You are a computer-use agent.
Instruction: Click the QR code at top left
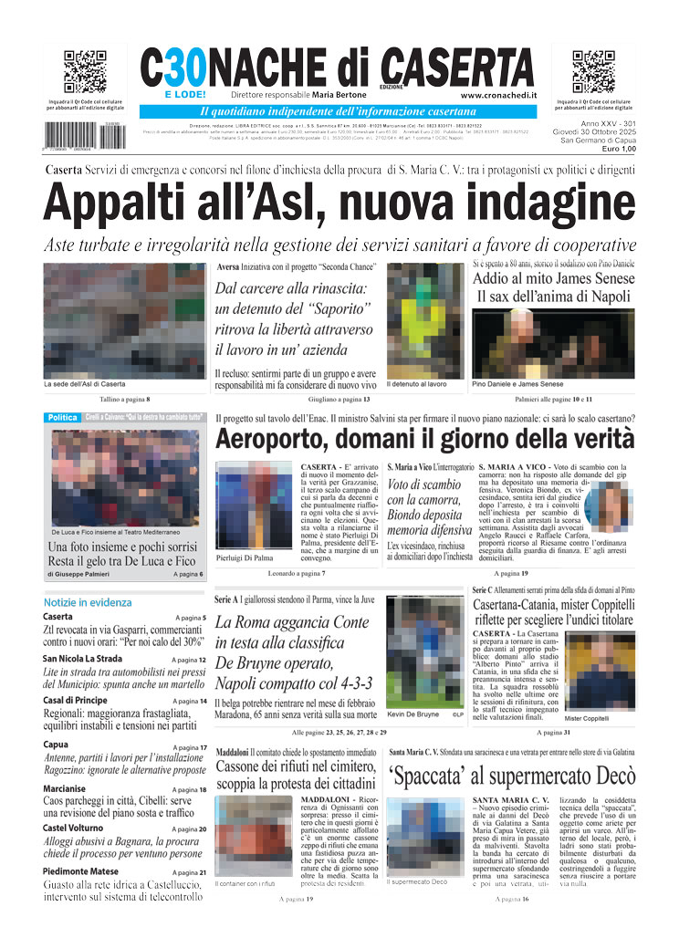point(85,72)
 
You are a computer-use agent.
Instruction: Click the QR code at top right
point(593,72)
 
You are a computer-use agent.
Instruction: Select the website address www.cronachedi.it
point(496,94)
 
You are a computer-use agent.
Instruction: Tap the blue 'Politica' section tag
point(62,417)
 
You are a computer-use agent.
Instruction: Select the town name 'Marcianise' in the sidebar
point(64,789)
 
